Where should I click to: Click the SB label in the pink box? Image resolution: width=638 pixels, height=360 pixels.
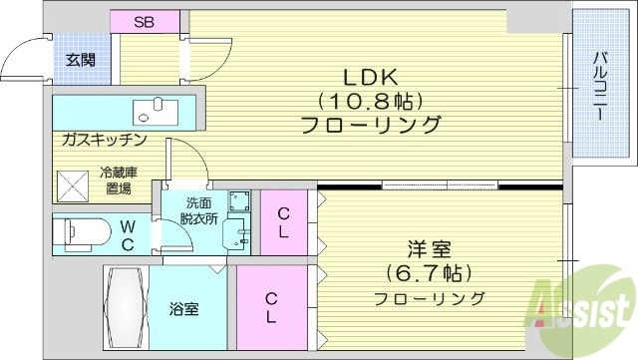click(x=145, y=22)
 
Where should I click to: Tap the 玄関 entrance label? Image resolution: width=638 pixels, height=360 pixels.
click(x=81, y=60)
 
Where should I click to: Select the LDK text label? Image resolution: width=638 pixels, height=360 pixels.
click(x=371, y=76)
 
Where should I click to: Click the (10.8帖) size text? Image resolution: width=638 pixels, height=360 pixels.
click(x=371, y=101)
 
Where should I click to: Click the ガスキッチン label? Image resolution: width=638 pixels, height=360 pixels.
click(x=105, y=140)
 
